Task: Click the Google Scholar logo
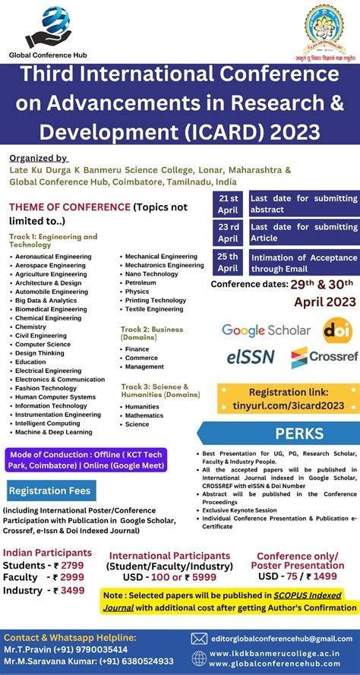pyautogui.click(x=266, y=330)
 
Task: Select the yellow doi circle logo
pyautogui.click(x=337, y=330)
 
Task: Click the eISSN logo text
pyautogui.click(x=250, y=357)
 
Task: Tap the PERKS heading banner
pyautogui.click(x=277, y=434)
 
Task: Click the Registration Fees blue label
pyautogui.click(x=49, y=490)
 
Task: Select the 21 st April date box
pyautogui.click(x=228, y=204)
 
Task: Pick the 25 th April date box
pyautogui.click(x=228, y=263)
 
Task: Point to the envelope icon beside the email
pyautogui.click(x=200, y=639)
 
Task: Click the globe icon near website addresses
pyautogui.click(x=200, y=658)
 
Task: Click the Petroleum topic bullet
pyautogui.click(x=141, y=282)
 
